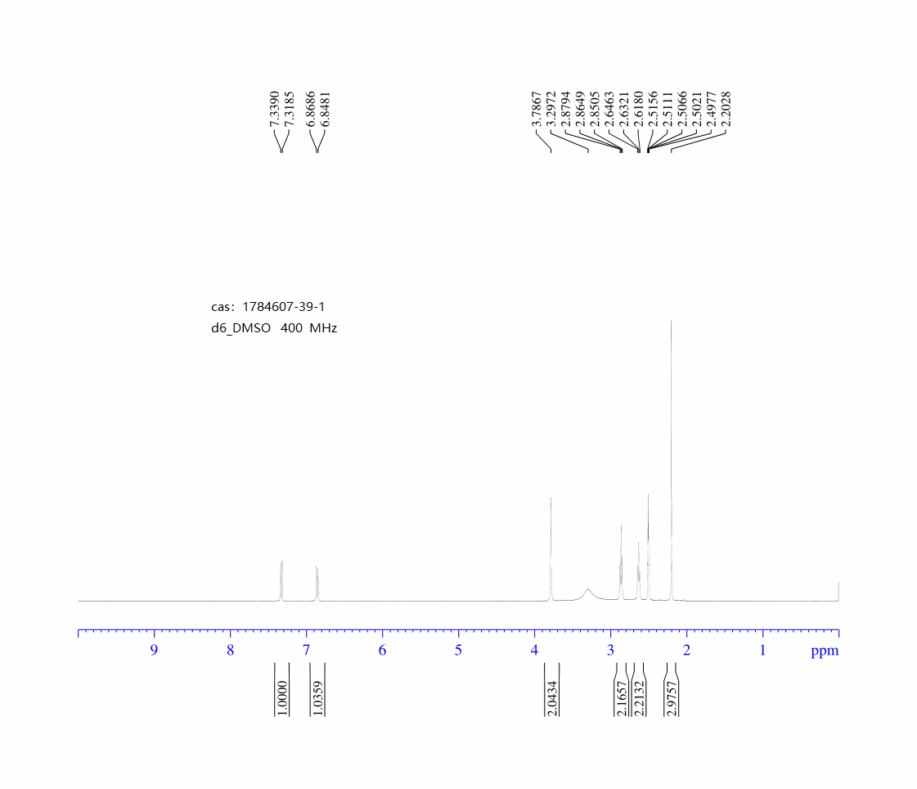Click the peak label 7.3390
[x=274, y=109]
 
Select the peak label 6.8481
[x=326, y=109]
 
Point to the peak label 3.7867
[x=537, y=109]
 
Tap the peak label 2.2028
[x=726, y=109]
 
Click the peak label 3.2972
[x=551, y=109]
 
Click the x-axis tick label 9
[x=154, y=651]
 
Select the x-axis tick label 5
[x=458, y=651]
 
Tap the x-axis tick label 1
[x=762, y=651]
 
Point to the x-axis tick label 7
[x=306, y=651]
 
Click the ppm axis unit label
[x=825, y=651]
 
